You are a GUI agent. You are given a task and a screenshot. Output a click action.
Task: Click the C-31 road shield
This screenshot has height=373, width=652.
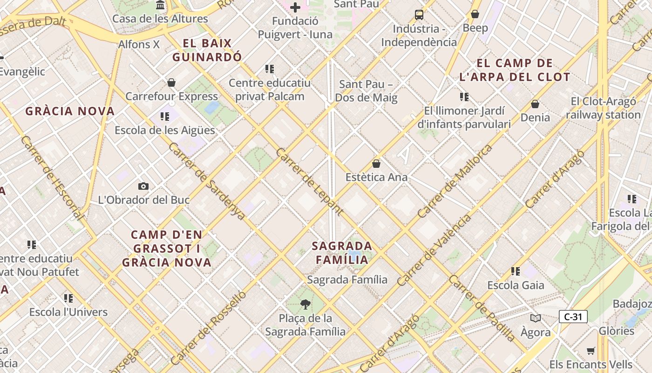point(573,317)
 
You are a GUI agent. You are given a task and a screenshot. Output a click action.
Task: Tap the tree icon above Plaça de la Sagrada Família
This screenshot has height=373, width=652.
point(306,304)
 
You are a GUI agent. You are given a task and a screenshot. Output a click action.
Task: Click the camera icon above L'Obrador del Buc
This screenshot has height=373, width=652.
point(143,186)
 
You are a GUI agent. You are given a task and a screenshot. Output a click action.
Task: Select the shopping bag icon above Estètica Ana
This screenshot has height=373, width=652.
point(376,164)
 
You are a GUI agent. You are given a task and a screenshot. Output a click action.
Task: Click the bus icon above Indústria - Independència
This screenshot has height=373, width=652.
point(419,14)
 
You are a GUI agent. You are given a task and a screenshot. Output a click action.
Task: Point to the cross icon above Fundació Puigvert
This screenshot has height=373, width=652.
point(295,7)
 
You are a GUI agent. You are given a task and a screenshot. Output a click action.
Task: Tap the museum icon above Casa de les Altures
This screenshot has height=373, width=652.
point(160,5)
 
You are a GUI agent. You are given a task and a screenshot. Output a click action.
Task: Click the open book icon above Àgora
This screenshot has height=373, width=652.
point(536,318)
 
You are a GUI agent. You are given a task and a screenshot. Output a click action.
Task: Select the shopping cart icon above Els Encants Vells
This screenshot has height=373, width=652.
point(591,351)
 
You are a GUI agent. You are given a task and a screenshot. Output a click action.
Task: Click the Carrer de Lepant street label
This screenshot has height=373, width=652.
point(309,181)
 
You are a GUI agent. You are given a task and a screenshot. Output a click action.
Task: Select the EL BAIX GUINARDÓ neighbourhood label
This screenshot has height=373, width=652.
point(207,50)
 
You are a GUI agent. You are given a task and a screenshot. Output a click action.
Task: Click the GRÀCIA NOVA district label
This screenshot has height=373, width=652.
point(70,111)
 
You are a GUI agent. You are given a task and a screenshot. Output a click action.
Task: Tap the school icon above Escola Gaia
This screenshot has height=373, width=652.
point(516,271)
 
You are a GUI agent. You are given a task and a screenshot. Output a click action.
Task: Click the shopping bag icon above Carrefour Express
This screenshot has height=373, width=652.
point(171,83)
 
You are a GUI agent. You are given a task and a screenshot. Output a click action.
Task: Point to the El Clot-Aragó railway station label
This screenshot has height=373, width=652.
point(603,108)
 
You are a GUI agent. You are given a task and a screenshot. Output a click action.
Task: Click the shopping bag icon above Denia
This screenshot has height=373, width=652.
point(535,104)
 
